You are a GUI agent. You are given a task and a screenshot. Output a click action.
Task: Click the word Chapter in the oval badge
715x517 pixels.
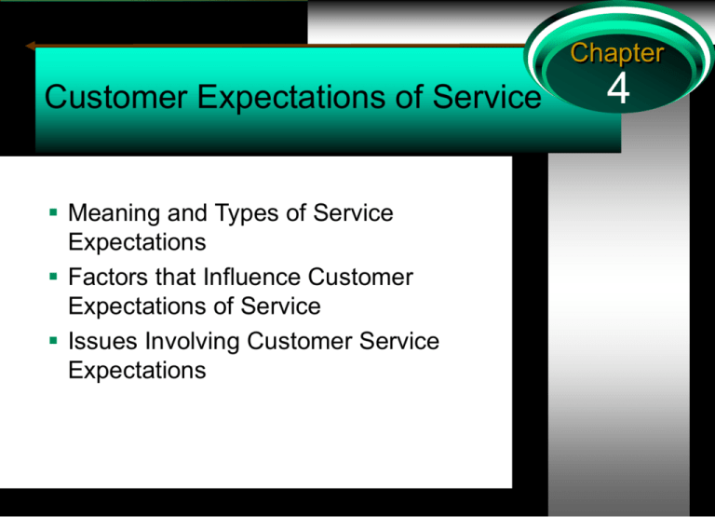(617, 54)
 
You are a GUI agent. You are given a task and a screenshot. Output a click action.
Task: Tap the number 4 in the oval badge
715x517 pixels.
(618, 88)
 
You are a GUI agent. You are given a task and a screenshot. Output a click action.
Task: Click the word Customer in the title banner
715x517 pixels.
(116, 97)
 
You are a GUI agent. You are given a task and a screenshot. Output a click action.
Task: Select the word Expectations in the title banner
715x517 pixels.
(291, 98)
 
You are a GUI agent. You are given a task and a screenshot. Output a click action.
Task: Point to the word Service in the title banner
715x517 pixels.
(487, 97)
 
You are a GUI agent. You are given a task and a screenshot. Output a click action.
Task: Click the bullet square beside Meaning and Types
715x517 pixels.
(53, 212)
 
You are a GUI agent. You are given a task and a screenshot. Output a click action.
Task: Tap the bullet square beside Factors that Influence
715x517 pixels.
(53, 276)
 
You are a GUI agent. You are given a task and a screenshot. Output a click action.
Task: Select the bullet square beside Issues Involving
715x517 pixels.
(53, 340)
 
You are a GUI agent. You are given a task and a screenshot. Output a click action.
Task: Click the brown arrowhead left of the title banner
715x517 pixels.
(31, 46)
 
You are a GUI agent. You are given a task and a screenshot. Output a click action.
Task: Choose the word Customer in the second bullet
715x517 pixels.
(360, 277)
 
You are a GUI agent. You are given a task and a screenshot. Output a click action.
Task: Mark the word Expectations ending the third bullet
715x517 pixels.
(137, 370)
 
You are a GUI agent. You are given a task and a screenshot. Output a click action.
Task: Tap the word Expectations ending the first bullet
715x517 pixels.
(137, 242)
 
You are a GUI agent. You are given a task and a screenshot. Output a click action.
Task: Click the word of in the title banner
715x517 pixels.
(409, 97)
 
